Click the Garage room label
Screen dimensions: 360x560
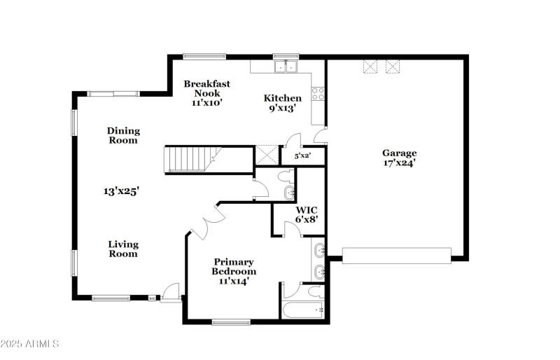(399, 153)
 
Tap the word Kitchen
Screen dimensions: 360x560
(282, 98)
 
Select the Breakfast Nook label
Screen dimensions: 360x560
(206, 88)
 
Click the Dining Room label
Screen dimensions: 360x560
(123, 135)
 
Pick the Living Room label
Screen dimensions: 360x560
(123, 249)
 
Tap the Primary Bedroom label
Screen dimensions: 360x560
(234, 266)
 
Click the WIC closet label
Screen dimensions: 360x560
(306, 209)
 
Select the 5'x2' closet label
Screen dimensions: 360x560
(302, 156)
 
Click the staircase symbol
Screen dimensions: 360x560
(188, 158)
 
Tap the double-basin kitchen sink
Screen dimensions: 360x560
(285, 67)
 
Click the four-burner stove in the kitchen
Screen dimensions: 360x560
(318, 92)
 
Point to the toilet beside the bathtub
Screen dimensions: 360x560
(316, 291)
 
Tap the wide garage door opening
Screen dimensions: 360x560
(397, 255)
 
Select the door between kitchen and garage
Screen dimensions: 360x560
(320, 135)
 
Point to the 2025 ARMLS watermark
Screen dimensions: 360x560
(30, 344)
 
